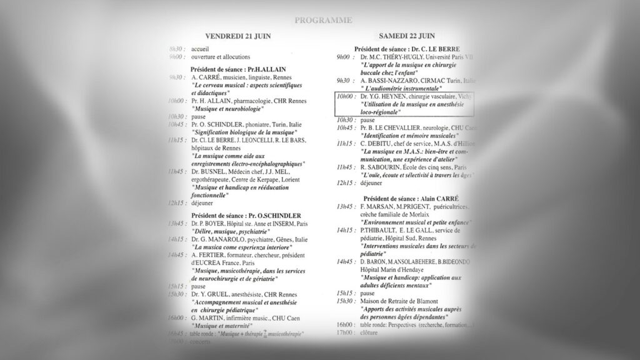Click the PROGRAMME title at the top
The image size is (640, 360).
[x=322, y=21]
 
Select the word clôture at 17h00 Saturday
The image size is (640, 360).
[x=370, y=334]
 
